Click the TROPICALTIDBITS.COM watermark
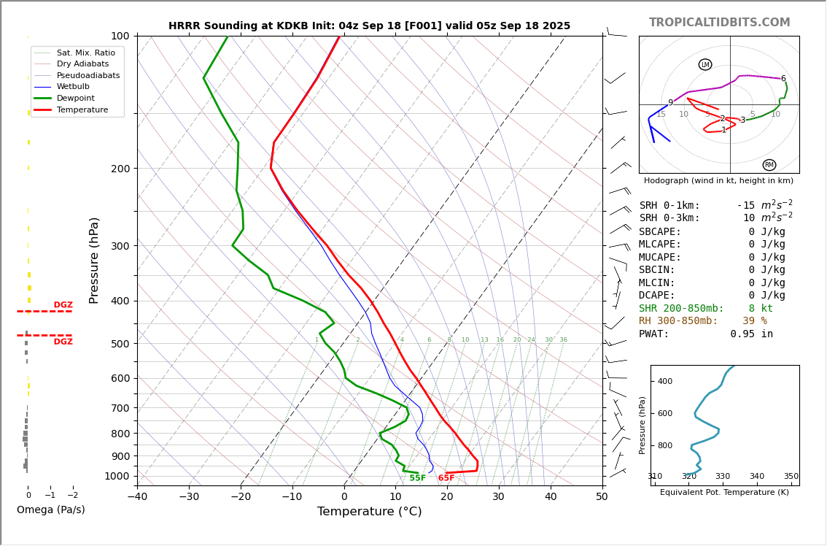[x=719, y=23]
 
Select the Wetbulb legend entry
[x=73, y=86]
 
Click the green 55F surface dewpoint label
[x=417, y=478]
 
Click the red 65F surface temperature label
[x=446, y=478]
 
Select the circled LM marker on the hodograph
[x=705, y=65]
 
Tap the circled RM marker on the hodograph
[x=769, y=165]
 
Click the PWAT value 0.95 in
[x=751, y=334]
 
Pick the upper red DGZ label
[x=63, y=305]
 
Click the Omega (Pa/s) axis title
[x=50, y=510]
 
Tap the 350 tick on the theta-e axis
[x=791, y=477]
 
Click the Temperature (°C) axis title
[x=369, y=512]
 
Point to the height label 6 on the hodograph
[x=783, y=79]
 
